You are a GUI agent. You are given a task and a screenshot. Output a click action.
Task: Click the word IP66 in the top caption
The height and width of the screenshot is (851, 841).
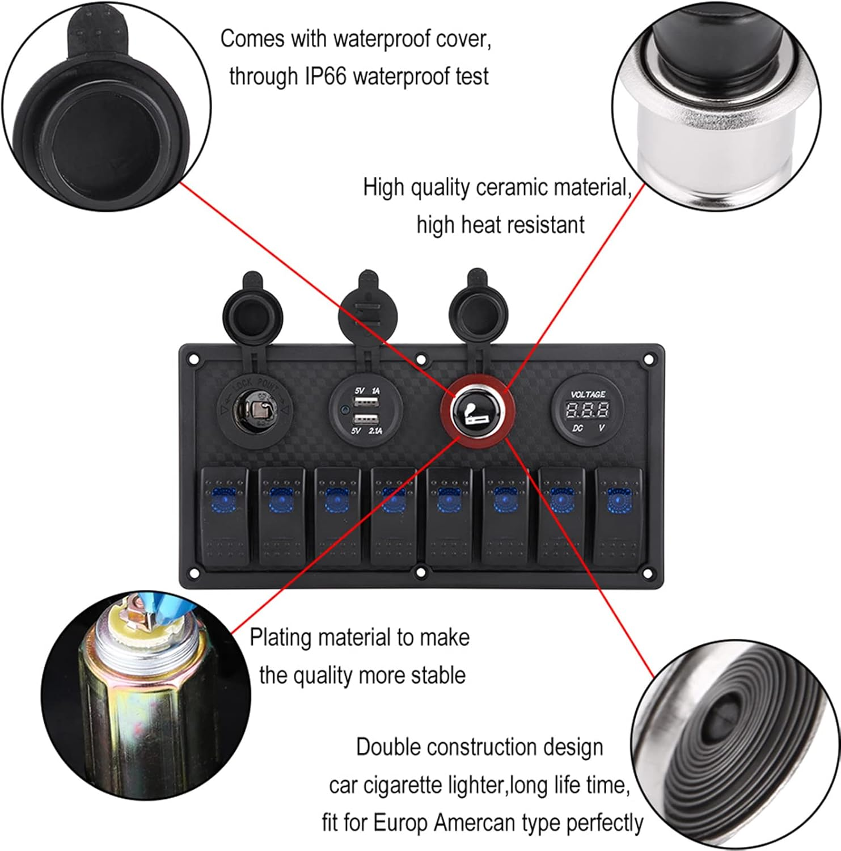click(x=325, y=76)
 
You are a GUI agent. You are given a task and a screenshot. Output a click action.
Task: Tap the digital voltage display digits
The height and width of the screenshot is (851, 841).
click(x=588, y=410)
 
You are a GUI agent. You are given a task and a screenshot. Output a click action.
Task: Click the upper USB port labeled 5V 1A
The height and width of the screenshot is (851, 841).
click(x=366, y=402)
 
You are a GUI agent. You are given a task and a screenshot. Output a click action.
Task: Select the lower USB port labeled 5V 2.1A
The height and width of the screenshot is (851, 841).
click(x=366, y=420)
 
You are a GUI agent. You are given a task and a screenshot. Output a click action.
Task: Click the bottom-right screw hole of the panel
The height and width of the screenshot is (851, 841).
click(x=648, y=574)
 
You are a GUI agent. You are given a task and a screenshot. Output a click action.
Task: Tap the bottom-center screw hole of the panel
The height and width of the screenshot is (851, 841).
click(x=421, y=573)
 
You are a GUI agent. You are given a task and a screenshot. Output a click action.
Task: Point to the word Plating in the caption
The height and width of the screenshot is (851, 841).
click(x=281, y=638)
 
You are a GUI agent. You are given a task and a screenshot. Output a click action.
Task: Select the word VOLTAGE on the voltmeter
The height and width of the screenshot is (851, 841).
click(x=588, y=394)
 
